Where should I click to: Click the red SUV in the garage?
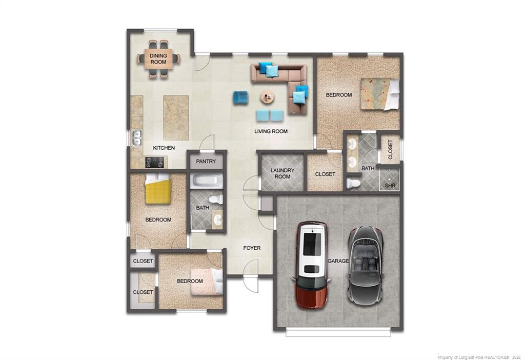tap(312, 265)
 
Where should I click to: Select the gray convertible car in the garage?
tap(366, 264)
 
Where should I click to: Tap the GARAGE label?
tap(338, 261)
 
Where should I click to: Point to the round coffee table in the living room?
tap(267, 96)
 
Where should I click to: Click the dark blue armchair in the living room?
tap(240, 97)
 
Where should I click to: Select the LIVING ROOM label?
tap(271, 131)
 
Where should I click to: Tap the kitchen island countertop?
tap(175, 117)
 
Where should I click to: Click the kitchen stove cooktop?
tap(155, 163)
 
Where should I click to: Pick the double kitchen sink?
tap(137, 137)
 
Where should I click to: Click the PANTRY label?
tap(206, 162)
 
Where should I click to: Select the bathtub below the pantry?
tap(207, 181)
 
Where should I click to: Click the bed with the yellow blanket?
tap(157, 190)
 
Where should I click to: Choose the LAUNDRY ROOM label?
tap(282, 173)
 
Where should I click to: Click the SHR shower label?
tap(390, 185)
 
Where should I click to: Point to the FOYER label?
tap(252, 248)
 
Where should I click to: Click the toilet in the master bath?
tap(353, 183)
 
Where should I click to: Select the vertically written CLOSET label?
tap(390, 149)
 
